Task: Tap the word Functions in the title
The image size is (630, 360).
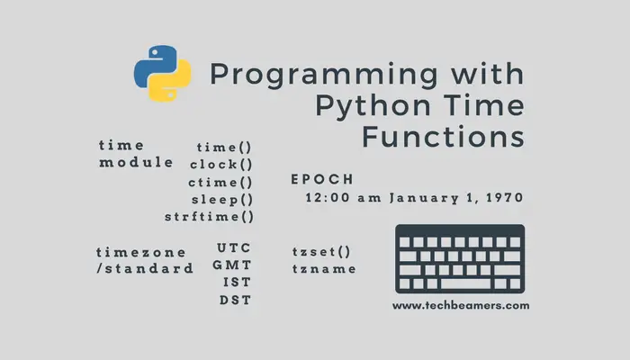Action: pos(442,138)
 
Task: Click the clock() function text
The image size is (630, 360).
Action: pos(221,164)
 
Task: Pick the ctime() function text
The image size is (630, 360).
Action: pos(221,182)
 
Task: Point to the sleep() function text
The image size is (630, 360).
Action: pos(221,199)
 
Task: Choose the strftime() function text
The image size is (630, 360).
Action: pos(209,217)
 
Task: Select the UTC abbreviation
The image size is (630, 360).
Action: pos(234,247)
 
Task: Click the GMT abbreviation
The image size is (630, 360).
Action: pos(232,265)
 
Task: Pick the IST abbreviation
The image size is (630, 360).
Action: pos(236,283)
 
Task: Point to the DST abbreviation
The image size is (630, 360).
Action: pos(235,300)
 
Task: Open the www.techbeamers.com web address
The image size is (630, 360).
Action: pos(461,305)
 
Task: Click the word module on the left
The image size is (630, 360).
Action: pos(136,163)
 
